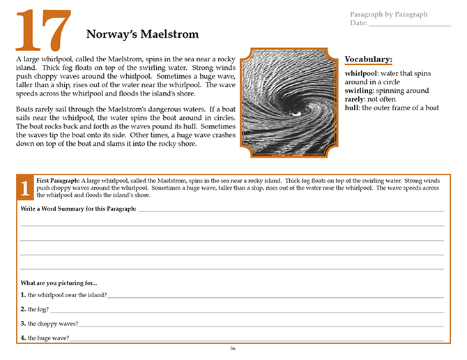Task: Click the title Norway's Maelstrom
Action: click(142, 33)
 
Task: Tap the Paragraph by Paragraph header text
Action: click(389, 14)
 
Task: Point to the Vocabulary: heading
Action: click(369, 59)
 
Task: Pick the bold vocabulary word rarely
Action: click(355, 99)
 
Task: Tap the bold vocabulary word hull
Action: click(351, 107)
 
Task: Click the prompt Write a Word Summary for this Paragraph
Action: click(78, 209)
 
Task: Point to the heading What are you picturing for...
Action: click(59, 283)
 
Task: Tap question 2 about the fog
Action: click(38, 309)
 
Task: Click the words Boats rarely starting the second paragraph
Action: click(33, 110)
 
